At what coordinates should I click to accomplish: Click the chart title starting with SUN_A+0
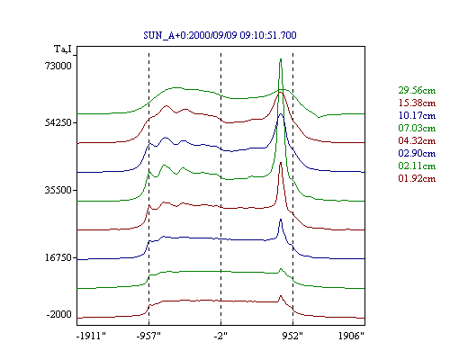(220, 35)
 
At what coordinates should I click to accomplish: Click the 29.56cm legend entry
(417, 90)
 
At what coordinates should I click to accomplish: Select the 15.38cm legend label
(417, 103)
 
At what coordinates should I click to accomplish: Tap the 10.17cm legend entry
(417, 115)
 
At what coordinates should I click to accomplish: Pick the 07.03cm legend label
(417, 128)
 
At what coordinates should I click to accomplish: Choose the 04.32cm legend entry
(417, 140)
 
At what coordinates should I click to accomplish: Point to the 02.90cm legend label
(417, 153)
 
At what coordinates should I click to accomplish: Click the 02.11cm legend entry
(417, 166)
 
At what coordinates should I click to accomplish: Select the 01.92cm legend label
(417, 178)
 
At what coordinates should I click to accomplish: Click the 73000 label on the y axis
(58, 66)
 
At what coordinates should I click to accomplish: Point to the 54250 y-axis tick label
(58, 122)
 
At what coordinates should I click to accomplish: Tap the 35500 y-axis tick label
(58, 190)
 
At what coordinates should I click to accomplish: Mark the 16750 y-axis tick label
(58, 257)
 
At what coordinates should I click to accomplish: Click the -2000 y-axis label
(59, 314)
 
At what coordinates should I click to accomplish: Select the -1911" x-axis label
(92, 336)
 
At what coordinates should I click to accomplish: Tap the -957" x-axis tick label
(148, 336)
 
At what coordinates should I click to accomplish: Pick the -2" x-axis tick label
(220, 336)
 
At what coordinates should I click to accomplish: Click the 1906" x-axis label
(351, 336)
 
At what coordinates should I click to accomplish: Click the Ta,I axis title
(63, 49)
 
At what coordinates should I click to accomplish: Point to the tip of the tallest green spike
(281, 58)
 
